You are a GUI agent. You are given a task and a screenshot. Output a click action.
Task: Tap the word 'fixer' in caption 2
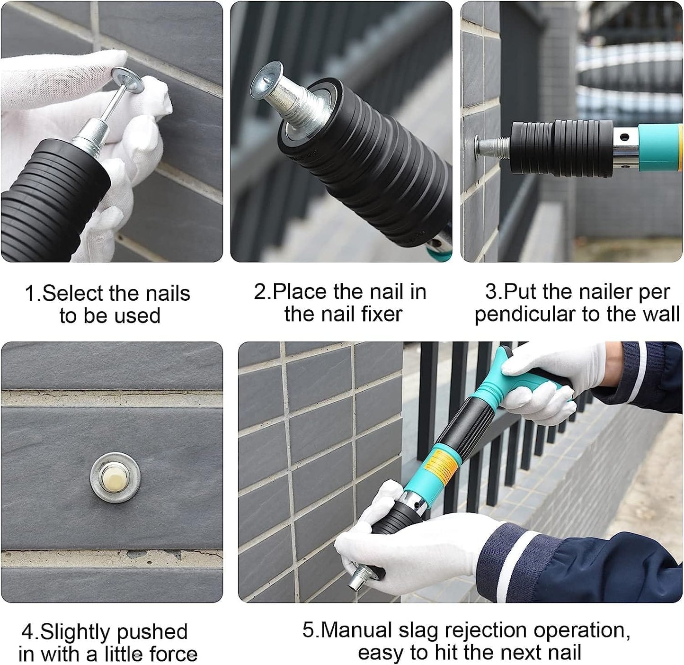click(x=379, y=315)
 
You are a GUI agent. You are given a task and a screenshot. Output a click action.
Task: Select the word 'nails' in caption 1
click(x=168, y=294)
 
